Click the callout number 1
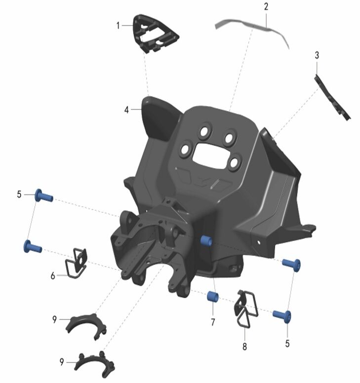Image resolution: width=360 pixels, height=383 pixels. click(x=119, y=25)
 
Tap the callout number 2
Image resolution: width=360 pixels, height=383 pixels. click(x=266, y=6)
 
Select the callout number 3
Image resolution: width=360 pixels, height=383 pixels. click(x=317, y=55)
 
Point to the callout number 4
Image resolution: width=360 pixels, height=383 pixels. click(x=126, y=110)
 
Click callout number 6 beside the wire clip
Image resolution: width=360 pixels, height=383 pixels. click(x=53, y=276)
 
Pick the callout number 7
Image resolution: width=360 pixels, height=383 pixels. click(x=213, y=322)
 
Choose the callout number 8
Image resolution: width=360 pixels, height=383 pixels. click(x=244, y=346)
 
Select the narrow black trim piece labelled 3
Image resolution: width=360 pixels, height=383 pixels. click(x=333, y=98)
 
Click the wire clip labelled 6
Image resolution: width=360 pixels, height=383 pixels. click(x=76, y=263)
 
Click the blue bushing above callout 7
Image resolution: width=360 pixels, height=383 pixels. click(x=213, y=297)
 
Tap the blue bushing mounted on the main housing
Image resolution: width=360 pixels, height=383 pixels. click(x=206, y=241)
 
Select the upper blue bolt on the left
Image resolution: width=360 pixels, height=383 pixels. click(x=44, y=195)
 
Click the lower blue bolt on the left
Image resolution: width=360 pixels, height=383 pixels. click(x=33, y=247)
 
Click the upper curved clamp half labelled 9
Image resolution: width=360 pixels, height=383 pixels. click(x=86, y=325)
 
